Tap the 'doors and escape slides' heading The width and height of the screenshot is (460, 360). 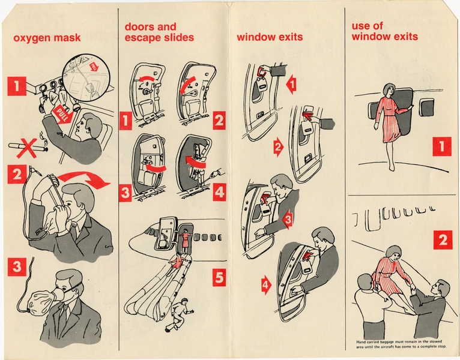click(x=159, y=32)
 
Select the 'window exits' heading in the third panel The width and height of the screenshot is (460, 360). click(x=270, y=37)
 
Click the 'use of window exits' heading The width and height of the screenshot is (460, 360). click(x=385, y=31)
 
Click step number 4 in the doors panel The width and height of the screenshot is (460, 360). click(x=219, y=193)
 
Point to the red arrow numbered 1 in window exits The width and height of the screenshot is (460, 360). click(x=291, y=85)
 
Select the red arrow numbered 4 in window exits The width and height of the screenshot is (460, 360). click(x=265, y=286)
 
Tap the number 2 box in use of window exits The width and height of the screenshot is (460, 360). click(x=442, y=240)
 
